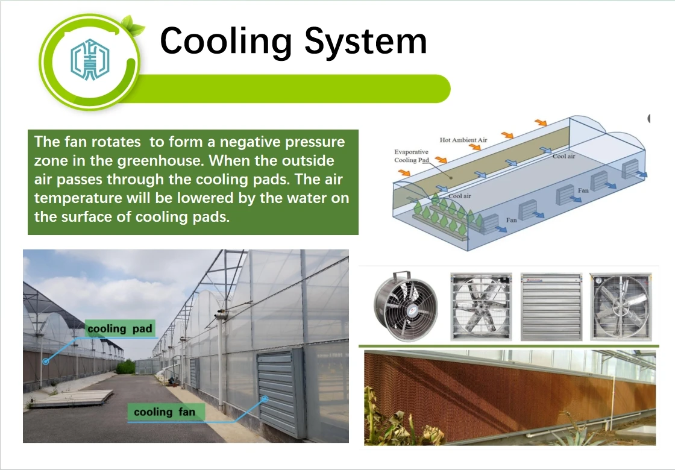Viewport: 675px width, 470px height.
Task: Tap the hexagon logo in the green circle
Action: pos(90,61)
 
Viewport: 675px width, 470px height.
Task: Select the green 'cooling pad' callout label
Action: pos(120,328)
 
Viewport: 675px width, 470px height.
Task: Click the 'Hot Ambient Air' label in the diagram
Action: pos(463,140)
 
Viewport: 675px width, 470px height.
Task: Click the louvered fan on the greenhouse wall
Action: pos(281,392)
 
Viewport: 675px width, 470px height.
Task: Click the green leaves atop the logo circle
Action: pos(132,26)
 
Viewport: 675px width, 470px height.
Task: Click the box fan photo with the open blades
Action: pos(480,306)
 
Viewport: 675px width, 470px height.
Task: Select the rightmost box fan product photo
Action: pos(621,306)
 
